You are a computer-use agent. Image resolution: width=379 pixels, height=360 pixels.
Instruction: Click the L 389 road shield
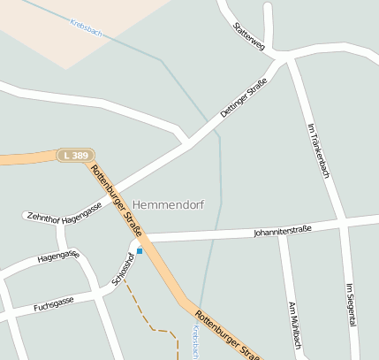tap(76, 155)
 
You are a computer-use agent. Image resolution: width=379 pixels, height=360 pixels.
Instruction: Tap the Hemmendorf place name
tap(168, 204)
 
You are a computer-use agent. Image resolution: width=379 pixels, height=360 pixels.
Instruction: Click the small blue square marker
tap(139, 251)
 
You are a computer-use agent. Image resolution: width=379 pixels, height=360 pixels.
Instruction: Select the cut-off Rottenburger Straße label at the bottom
tap(228, 334)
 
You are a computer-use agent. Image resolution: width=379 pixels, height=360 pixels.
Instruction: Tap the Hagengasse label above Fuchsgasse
tap(58, 257)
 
